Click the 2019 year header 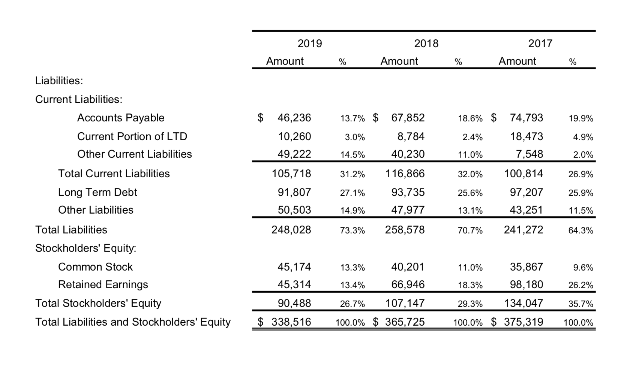(x=309, y=43)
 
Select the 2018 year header (x=426, y=43)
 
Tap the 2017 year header (x=540, y=43)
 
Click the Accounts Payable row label (x=121, y=118)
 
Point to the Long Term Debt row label (x=97, y=192)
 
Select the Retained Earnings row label (x=103, y=284)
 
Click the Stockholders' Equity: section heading (x=85, y=248)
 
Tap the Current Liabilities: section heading (x=79, y=99)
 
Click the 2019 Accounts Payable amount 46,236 (x=294, y=118)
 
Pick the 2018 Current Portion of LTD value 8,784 (x=411, y=136)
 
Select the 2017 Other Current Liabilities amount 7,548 (x=529, y=154)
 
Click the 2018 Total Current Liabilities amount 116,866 (x=405, y=174)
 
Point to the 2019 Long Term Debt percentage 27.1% (x=352, y=193)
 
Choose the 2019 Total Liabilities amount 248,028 (x=291, y=230)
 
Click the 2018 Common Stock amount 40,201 (x=408, y=267)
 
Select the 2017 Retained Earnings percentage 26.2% (x=580, y=285)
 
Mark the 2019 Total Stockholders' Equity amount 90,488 (x=294, y=303)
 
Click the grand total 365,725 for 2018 (x=405, y=322)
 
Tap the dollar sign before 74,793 (x=494, y=118)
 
